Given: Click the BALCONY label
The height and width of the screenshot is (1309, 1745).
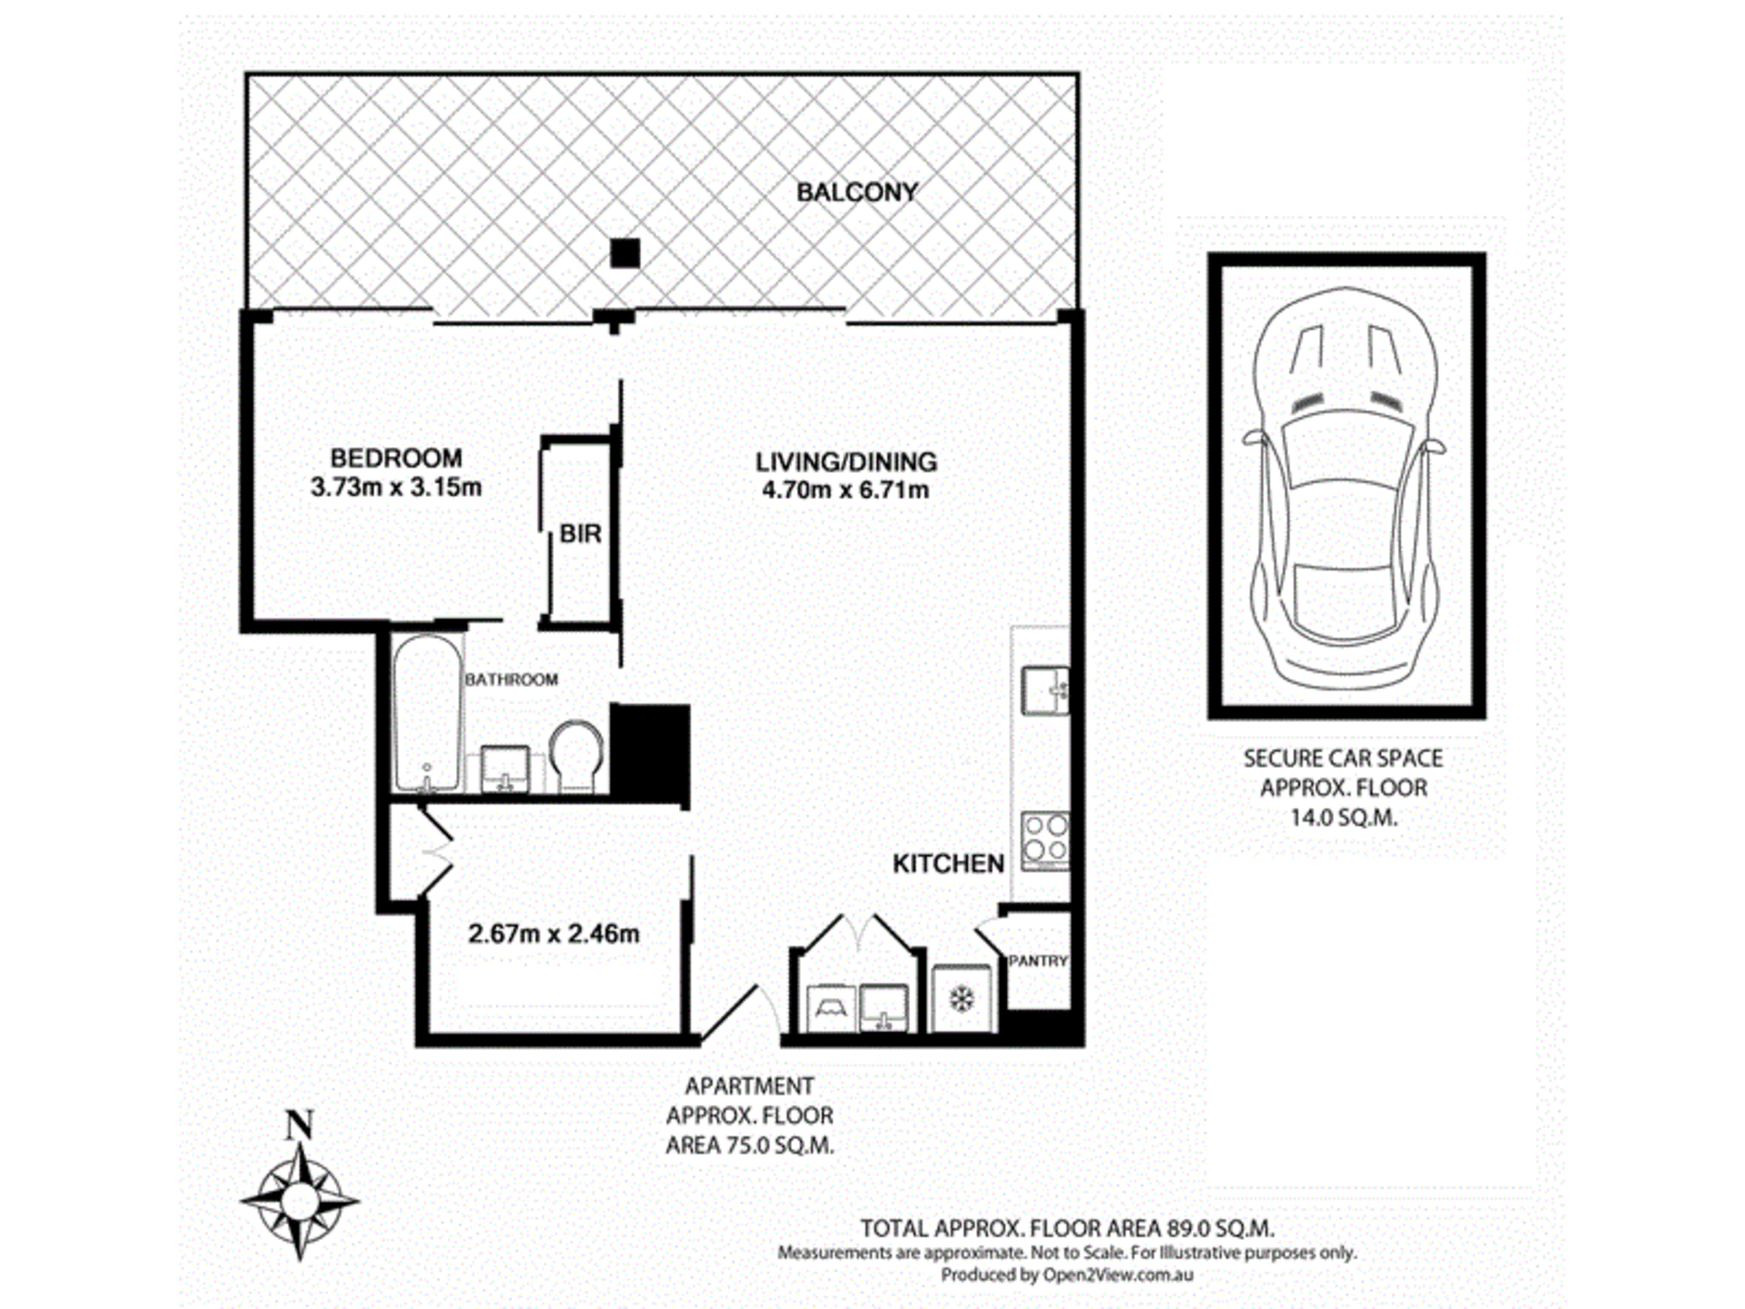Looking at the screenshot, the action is tap(857, 192).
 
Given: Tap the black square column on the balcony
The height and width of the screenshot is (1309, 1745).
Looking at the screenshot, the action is tap(625, 253).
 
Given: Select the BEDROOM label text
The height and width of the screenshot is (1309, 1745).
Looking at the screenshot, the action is tap(396, 457).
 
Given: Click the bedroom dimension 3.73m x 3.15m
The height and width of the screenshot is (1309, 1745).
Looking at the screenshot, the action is tap(396, 487).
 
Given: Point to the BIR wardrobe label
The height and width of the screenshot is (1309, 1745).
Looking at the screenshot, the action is tap(580, 533).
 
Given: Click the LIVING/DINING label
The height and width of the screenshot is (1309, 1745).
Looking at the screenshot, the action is tap(845, 461).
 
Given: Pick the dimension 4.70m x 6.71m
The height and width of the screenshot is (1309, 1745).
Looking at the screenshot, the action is tap(845, 490).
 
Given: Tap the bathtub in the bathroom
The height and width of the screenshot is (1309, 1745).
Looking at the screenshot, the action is tap(427, 713).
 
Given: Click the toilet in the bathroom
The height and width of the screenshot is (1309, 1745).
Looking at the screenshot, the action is tap(576, 756).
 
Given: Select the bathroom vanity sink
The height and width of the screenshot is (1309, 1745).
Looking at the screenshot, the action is tap(505, 769).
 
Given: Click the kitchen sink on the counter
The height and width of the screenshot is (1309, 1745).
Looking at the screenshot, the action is tap(1045, 690).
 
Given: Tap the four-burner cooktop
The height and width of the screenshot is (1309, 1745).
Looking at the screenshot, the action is tap(1045, 840).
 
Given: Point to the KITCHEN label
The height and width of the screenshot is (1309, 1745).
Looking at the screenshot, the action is tap(948, 864).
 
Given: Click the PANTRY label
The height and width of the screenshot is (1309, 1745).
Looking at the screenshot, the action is tap(1038, 961).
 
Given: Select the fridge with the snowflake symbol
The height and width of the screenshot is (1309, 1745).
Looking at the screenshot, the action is tap(961, 999).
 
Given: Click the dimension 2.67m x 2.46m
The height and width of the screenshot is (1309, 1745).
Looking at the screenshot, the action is tap(554, 934).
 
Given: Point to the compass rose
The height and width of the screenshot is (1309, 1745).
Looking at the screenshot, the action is tap(299, 1200).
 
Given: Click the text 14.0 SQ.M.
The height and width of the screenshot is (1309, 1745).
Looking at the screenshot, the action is tap(1344, 818).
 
